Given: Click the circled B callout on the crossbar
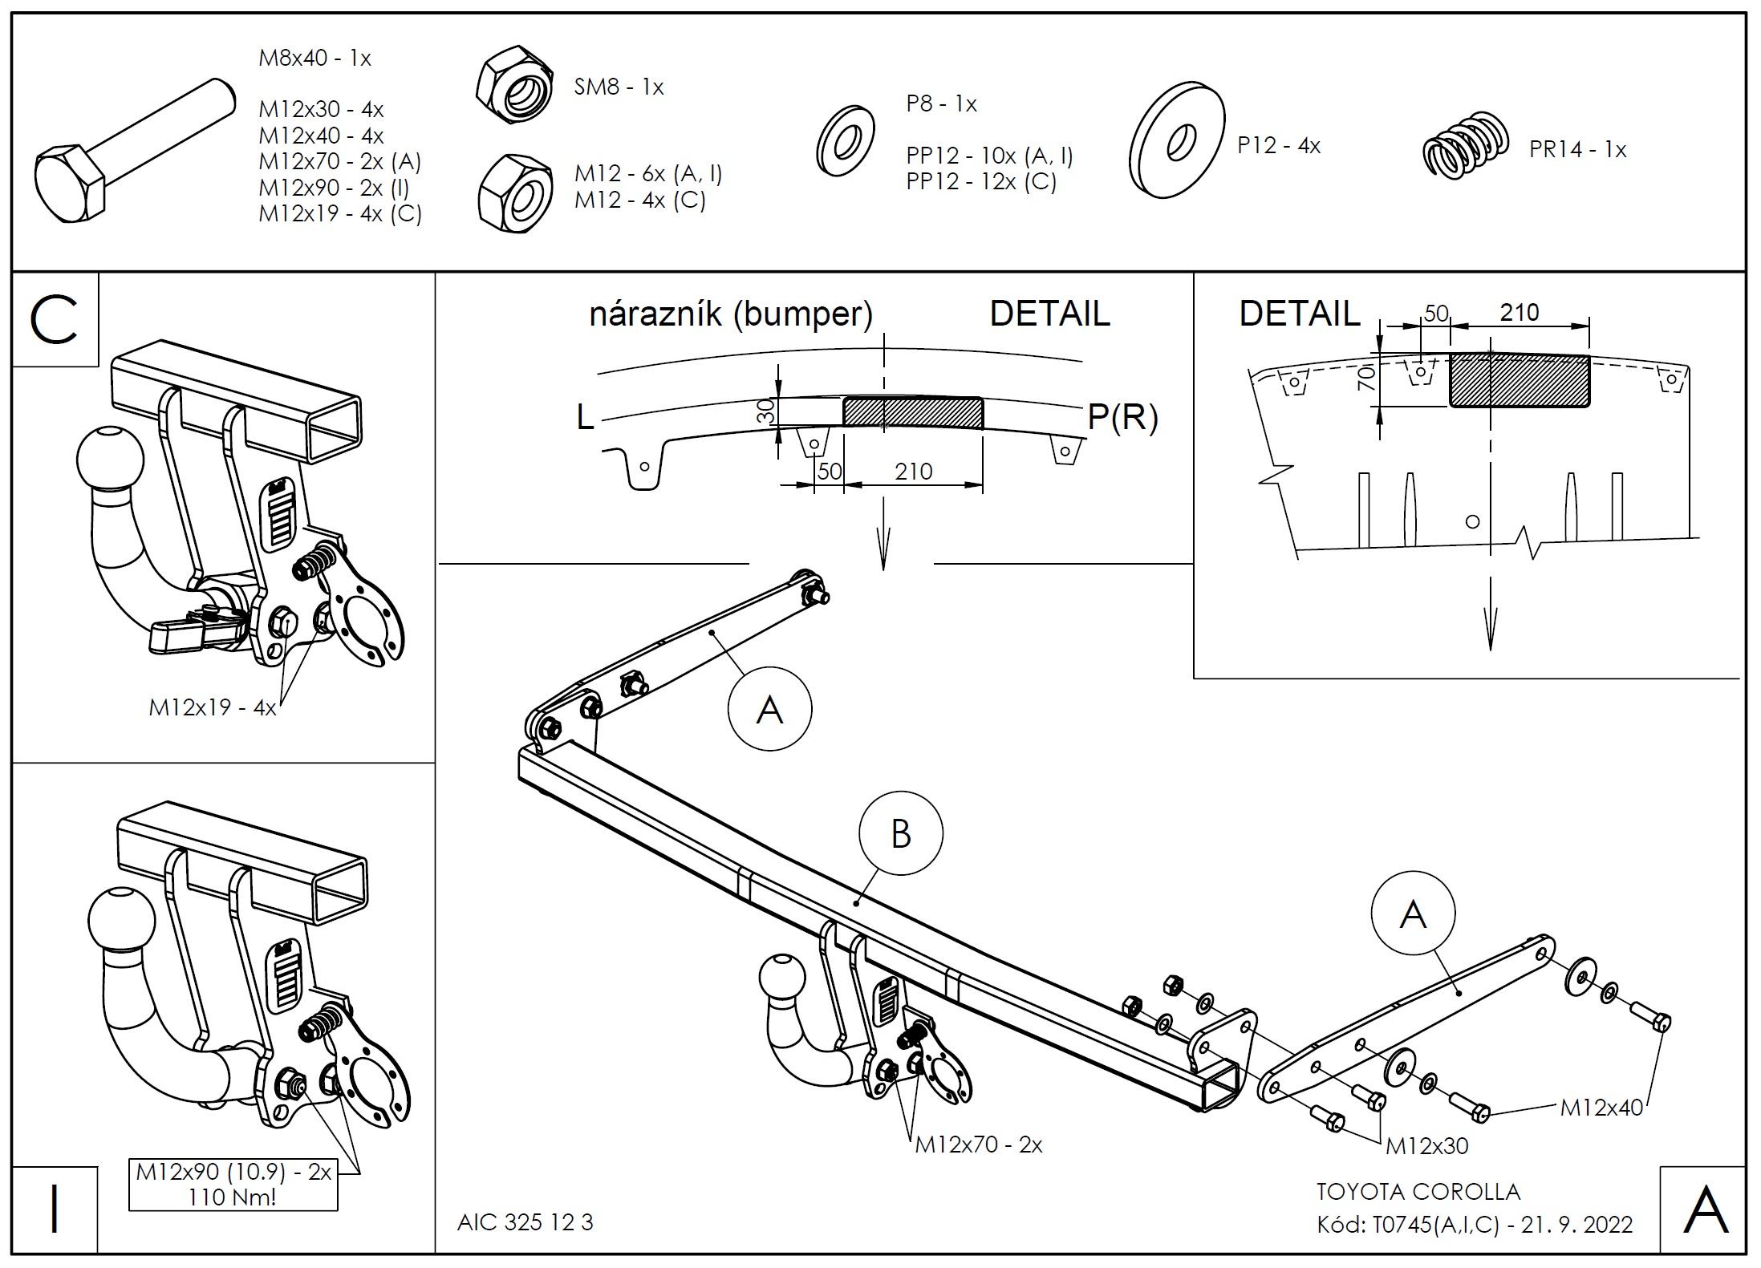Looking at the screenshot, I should click(x=900, y=834).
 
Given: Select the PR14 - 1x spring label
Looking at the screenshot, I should click(x=1577, y=150).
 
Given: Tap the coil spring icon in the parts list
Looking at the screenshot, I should click(x=1465, y=146).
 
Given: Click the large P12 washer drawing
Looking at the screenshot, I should click(x=1177, y=140).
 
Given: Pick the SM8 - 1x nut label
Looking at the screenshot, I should click(x=619, y=87).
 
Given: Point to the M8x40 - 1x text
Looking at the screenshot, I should click(x=314, y=59).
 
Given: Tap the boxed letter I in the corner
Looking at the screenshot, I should click(x=55, y=1209).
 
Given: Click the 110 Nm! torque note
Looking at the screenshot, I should click(x=233, y=1198).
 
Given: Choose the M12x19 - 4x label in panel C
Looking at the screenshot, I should click(x=212, y=707).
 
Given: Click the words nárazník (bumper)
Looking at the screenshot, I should click(x=731, y=314).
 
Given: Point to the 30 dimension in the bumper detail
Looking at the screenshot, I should click(x=767, y=411).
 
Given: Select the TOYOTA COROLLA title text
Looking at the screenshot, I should click(x=1418, y=1192).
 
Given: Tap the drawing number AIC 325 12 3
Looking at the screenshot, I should click(x=525, y=1222).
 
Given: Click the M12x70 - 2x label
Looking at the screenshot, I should click(x=978, y=1144).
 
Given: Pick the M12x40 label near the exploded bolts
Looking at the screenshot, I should click(x=1601, y=1108).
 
